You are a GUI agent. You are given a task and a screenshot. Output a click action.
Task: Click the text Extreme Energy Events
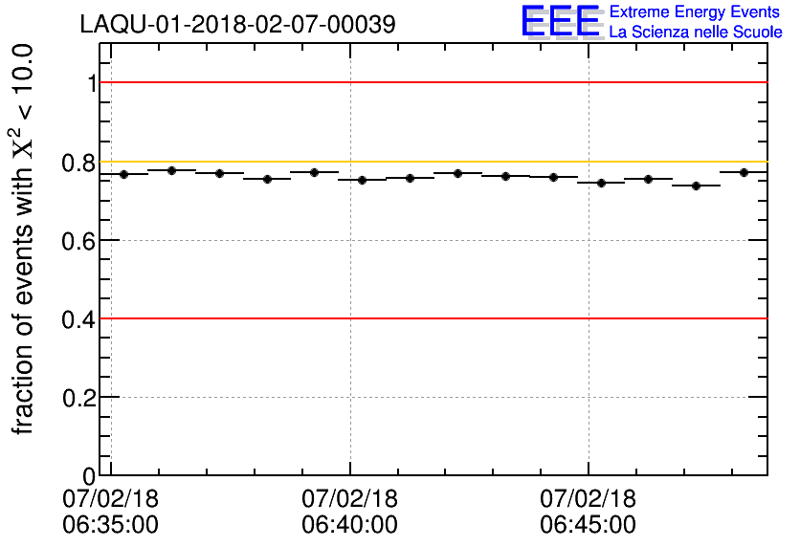(696, 11)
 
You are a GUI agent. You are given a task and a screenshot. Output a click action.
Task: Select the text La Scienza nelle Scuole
(696, 33)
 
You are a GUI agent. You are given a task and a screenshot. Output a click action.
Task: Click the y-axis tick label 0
(90, 476)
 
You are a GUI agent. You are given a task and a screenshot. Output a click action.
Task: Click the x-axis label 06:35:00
(111, 525)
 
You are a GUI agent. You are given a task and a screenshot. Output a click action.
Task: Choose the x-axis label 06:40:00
(349, 525)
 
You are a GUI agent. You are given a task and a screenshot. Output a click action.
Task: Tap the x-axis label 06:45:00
(588, 525)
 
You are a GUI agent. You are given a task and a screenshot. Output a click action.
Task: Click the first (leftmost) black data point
(124, 174)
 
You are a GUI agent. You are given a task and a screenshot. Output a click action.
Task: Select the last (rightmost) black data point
(744, 172)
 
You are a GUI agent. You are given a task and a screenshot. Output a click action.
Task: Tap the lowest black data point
(696, 186)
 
